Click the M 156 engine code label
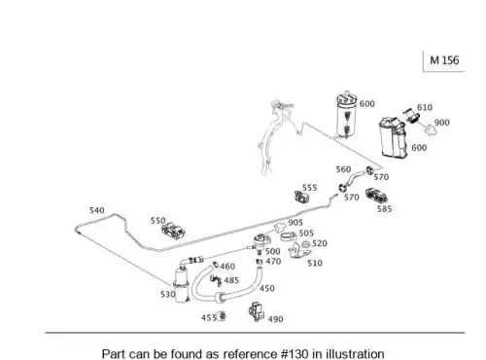point(444,60)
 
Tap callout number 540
point(97,210)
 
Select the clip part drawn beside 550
point(173,231)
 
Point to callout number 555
point(309,188)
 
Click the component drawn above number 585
point(377,196)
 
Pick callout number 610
point(425,107)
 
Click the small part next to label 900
point(431,130)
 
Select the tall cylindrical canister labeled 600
point(346,115)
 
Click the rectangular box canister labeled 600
point(393,137)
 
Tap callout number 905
point(295,223)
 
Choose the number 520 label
point(320,243)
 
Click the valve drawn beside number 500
point(261,242)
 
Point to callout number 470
point(273,262)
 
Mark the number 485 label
point(231,280)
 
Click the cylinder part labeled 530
point(181,285)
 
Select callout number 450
point(267,288)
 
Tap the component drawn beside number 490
point(257,311)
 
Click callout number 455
point(209,318)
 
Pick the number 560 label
point(343,169)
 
